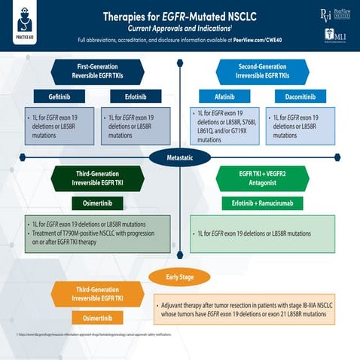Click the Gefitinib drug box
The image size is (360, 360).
54,96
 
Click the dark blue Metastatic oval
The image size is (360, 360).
179,157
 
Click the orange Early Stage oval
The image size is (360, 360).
179,277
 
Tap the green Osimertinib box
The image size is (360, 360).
95,203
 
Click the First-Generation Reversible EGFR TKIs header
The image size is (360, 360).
95,71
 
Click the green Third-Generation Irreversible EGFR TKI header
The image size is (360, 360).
95,178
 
